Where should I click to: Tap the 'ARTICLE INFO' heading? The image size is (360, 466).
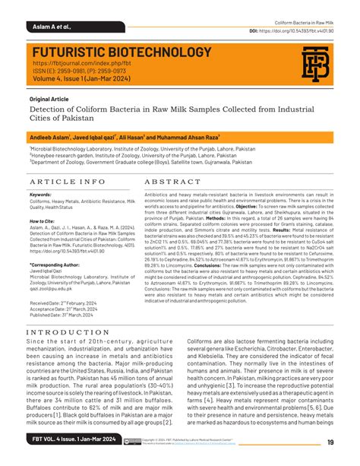coord(68,182)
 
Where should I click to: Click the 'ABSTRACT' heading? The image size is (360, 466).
coord(171,182)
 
